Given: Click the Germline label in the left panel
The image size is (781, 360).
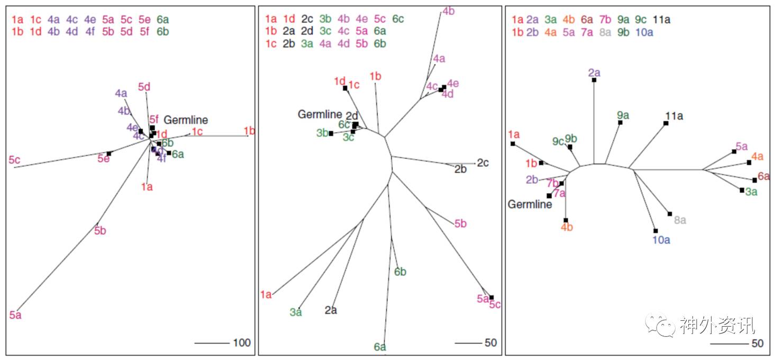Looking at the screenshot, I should pos(185,120).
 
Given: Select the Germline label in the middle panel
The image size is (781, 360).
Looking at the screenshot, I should pos(320,114).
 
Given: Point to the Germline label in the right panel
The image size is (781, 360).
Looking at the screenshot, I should pos(530,204).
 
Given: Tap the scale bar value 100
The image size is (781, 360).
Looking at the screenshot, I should pos(242,343).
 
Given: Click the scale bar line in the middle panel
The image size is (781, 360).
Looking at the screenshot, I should pos(467,343).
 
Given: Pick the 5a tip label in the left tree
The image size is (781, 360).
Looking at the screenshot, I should pos(15,316).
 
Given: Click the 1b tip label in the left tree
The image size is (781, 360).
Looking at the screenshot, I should pos(249,131).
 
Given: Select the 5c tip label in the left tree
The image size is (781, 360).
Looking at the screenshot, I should pos(14,159).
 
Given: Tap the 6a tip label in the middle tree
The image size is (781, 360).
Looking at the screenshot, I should pos(380,347).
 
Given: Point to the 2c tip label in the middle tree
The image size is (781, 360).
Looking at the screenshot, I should pos(483,163).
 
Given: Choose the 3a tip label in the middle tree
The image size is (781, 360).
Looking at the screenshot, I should pos(296,312).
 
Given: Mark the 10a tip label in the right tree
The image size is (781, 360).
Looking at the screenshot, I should pos(661,240).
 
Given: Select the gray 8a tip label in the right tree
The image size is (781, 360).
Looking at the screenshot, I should pos(680,220).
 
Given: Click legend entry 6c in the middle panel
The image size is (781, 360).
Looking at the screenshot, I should pos(398,19).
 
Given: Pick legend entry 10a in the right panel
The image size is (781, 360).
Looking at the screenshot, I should pos(644,32).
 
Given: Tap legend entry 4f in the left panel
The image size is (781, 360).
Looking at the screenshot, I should pos(90,31).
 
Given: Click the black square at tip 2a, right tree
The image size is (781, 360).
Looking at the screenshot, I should pos(594,80).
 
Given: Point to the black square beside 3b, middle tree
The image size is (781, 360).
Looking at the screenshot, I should pos(331,133).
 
